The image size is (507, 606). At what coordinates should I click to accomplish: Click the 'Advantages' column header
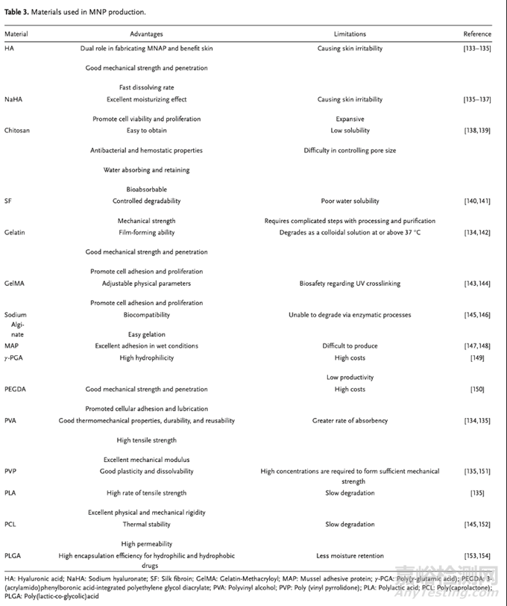[146, 34]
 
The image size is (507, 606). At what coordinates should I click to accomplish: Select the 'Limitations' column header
[350, 34]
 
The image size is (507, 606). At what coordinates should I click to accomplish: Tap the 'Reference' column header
[477, 34]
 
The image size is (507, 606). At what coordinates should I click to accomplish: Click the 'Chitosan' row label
[16, 131]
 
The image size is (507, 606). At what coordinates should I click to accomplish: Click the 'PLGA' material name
[13, 555]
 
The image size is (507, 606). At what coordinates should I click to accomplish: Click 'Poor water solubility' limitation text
[350, 201]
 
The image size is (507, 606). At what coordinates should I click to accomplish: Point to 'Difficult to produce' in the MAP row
[350, 346]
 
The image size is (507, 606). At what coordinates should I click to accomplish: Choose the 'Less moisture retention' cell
[350, 555]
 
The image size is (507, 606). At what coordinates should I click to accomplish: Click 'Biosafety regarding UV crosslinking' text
[350, 284]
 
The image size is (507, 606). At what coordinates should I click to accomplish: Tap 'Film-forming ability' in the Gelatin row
[146, 232]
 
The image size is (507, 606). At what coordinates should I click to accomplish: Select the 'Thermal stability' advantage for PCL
[146, 524]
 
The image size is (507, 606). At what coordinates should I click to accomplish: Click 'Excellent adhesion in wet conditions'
[146, 346]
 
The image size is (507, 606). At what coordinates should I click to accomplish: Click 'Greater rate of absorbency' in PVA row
[350, 421]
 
